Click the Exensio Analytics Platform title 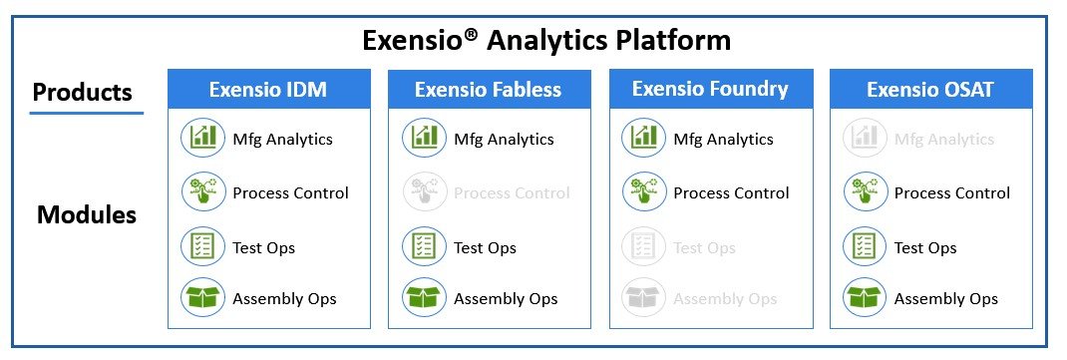pyautogui.click(x=546, y=40)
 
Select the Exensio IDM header pyautogui.click(x=268, y=90)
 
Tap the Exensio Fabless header pyautogui.click(x=489, y=90)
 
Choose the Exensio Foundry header pyautogui.click(x=710, y=89)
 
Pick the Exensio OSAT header pyautogui.click(x=930, y=90)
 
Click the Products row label pyautogui.click(x=83, y=93)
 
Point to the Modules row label pyautogui.click(x=87, y=214)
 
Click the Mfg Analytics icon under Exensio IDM pyautogui.click(x=203, y=138)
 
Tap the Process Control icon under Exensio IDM pyautogui.click(x=203, y=191)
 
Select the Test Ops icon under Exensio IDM pyautogui.click(x=203, y=245)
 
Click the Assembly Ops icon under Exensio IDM pyautogui.click(x=203, y=297)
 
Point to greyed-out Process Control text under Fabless pyautogui.click(x=512, y=192)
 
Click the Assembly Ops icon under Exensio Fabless pyautogui.click(x=424, y=297)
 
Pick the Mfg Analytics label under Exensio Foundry pyautogui.click(x=723, y=139)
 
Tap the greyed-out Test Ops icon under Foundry pyautogui.click(x=643, y=245)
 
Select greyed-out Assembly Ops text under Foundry pyautogui.click(x=725, y=298)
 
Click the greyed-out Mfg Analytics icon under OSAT pyautogui.click(x=865, y=138)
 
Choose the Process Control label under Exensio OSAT pyautogui.click(x=952, y=192)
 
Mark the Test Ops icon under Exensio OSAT pyautogui.click(x=865, y=245)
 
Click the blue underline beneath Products pyautogui.click(x=87, y=114)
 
